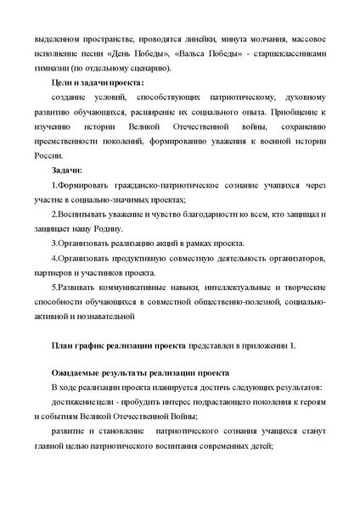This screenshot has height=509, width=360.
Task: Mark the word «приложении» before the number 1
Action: pos(263,347)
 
